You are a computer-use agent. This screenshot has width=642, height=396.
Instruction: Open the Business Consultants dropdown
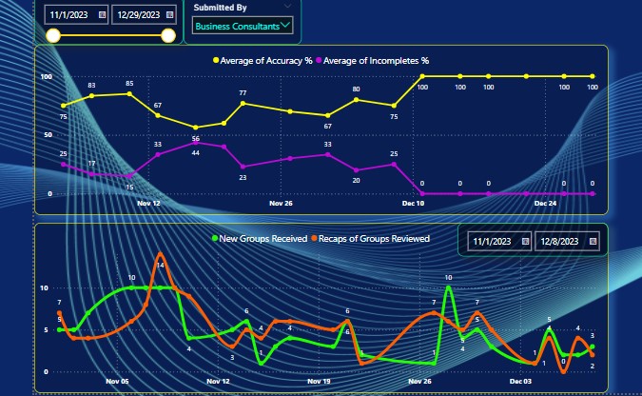click(x=241, y=26)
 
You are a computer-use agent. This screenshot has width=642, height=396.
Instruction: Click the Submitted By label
click(x=221, y=8)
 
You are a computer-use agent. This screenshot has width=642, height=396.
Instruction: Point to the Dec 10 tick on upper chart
click(x=414, y=203)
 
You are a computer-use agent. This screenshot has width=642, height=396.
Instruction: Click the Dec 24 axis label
click(x=545, y=203)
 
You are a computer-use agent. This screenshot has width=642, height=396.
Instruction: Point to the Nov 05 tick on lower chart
click(x=118, y=381)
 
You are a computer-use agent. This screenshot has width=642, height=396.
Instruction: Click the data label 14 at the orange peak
click(x=161, y=265)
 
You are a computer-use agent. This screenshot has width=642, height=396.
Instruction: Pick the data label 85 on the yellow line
click(x=129, y=84)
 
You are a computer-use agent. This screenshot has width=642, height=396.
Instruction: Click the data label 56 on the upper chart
click(x=195, y=139)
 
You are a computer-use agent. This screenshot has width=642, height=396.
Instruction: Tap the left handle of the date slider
click(x=54, y=36)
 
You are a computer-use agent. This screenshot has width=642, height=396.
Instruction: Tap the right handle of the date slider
click(x=169, y=36)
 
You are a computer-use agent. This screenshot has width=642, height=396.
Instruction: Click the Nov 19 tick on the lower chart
click(x=319, y=381)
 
